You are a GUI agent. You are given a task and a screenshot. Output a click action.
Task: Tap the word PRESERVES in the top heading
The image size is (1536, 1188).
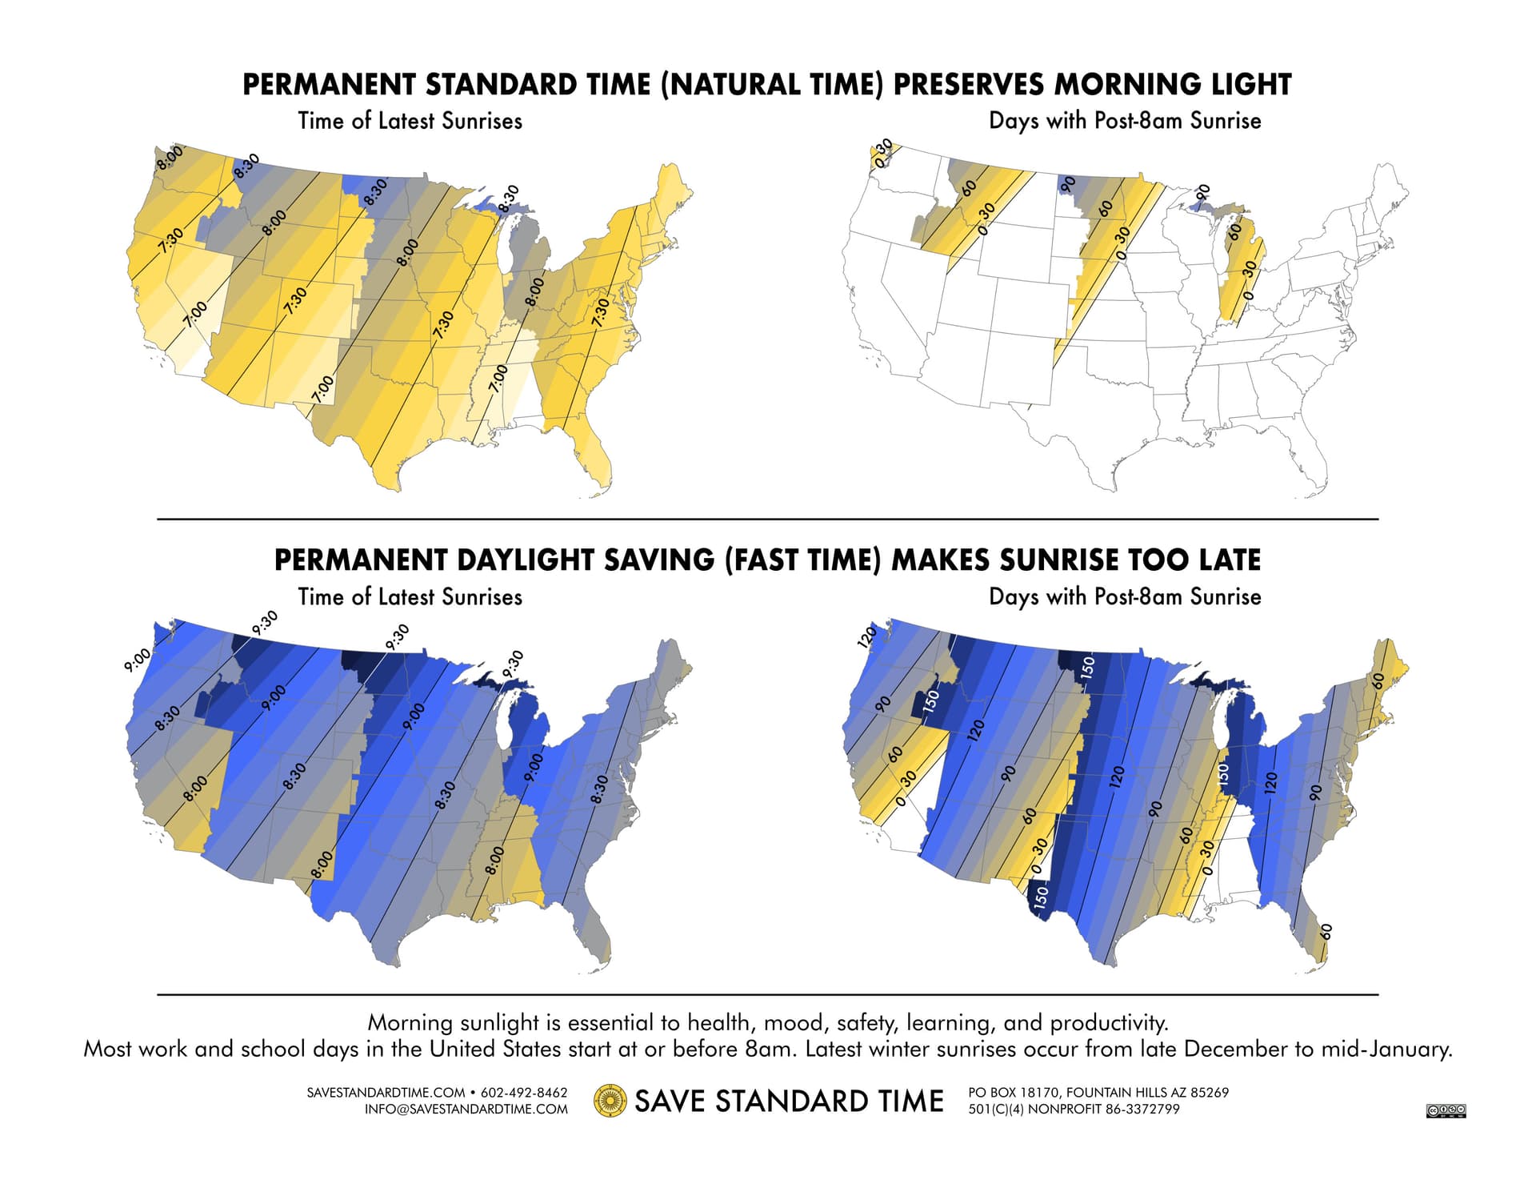click(x=968, y=85)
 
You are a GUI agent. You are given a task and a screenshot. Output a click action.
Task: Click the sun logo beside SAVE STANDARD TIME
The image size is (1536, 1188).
click(x=610, y=1101)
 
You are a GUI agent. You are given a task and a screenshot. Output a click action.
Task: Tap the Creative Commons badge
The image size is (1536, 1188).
click(x=1446, y=1110)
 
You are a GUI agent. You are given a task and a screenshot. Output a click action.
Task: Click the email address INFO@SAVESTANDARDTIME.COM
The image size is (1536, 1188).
click(x=466, y=1110)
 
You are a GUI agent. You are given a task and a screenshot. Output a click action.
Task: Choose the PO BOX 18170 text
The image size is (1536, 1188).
click(x=1014, y=1093)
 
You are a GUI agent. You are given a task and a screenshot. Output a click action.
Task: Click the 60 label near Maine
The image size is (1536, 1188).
click(x=1378, y=680)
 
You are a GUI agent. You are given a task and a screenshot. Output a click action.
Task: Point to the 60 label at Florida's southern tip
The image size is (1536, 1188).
click(x=1326, y=932)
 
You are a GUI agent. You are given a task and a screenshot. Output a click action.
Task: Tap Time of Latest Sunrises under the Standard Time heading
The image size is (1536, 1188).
click(x=410, y=121)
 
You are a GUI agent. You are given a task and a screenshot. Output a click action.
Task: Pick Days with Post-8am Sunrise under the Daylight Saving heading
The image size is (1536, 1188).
click(x=1125, y=596)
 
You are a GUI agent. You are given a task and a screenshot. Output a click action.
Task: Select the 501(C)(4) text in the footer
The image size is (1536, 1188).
click(x=996, y=1110)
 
